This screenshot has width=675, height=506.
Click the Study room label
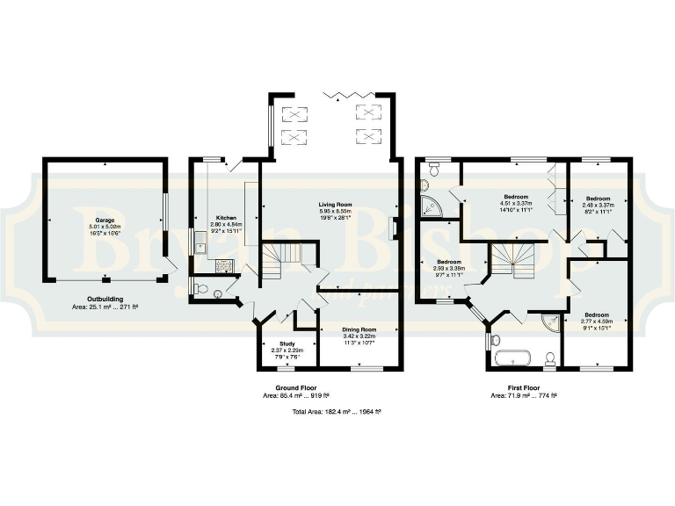(x=287, y=343)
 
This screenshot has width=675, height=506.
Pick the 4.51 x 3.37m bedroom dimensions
(x=516, y=204)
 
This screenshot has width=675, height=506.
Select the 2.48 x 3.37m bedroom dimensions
(x=599, y=205)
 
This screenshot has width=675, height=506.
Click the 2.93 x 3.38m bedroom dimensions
(x=449, y=269)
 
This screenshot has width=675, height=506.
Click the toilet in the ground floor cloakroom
(x=201, y=289)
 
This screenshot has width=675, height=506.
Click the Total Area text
(x=330, y=410)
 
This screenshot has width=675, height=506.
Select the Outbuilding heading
(x=105, y=299)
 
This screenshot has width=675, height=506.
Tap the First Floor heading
(x=523, y=387)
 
